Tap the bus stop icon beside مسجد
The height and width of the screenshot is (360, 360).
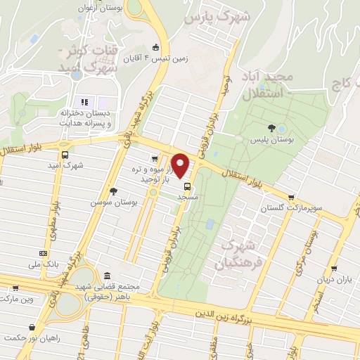pyautogui.click(x=188, y=187)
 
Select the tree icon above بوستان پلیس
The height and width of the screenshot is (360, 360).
pyautogui.click(x=271, y=128)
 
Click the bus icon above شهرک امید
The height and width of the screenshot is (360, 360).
pyautogui.click(x=65, y=155)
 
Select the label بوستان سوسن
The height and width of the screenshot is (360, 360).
pyautogui.click(x=113, y=202)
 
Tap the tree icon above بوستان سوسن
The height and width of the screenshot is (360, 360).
pyautogui.click(x=113, y=191)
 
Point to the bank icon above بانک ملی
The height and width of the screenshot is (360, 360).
pyautogui.click(x=44, y=253)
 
